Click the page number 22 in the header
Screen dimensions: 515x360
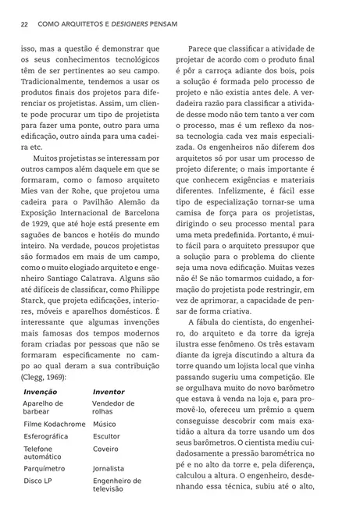click(25, 24)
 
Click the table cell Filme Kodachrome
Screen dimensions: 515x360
click(53, 424)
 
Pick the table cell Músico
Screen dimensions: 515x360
click(104, 424)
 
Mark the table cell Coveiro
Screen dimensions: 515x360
click(105, 449)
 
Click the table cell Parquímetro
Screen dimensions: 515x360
click(45, 470)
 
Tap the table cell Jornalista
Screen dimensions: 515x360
click(109, 470)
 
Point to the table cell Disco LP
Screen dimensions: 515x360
click(38, 481)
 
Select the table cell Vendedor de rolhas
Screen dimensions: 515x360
click(113, 407)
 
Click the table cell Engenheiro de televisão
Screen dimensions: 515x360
click(116, 485)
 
